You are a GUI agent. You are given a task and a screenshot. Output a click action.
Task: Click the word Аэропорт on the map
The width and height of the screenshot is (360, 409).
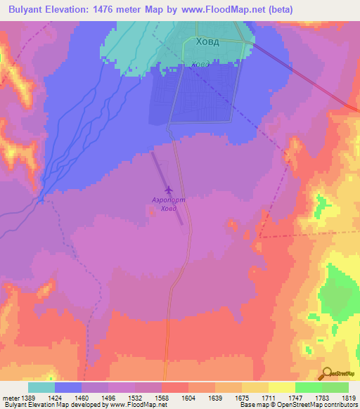pos(169,200)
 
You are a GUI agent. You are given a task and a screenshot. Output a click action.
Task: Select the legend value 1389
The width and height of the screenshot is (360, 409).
pos(29,397)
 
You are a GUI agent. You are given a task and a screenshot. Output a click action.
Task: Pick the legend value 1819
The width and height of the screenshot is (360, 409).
pos(348,397)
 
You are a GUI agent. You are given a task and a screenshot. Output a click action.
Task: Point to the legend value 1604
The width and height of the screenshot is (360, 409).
pos(188,397)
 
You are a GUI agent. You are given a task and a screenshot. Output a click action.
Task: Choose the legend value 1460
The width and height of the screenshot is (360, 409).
pos(82,397)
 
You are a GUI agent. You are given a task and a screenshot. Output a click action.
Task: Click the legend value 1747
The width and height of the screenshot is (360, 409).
pos(295,397)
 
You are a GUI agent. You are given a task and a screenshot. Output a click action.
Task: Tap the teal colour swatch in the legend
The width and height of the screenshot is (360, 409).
pos(41,387)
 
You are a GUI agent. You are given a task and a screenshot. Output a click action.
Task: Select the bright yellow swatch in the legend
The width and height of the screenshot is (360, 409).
pos(282,387)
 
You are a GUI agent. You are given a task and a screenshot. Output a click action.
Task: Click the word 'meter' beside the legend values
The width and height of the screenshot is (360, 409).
pos(10,397)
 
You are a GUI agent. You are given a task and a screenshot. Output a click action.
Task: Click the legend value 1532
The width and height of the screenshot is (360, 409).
pos(135,397)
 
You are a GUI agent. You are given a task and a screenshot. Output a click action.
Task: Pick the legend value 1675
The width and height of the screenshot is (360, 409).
pos(241,397)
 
